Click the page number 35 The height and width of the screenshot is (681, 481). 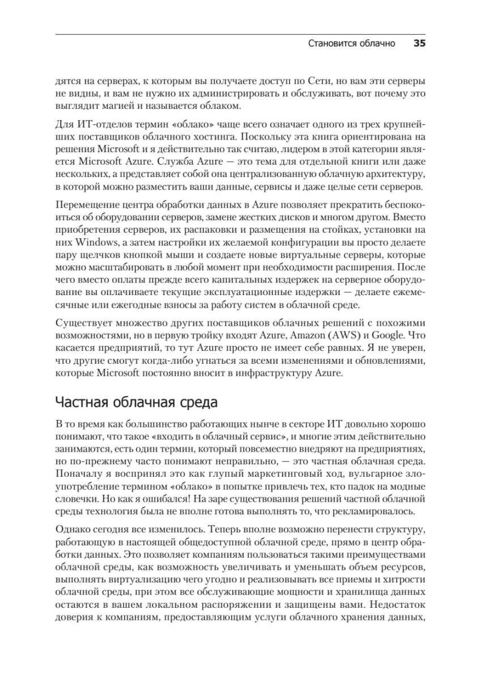click(419, 44)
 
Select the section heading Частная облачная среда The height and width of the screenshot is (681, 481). click(135, 404)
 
